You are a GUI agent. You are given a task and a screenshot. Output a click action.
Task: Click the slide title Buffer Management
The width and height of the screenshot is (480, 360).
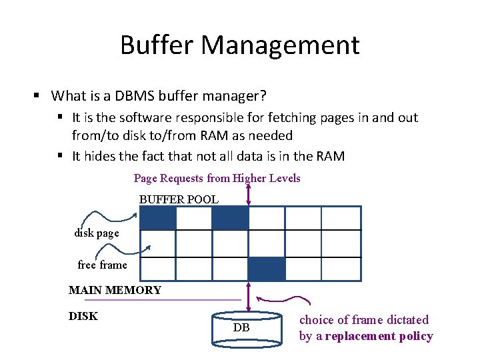point(240,45)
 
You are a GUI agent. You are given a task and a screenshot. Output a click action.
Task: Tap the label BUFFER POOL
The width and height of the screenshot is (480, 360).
point(179,199)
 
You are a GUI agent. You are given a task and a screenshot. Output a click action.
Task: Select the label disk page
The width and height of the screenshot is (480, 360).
point(97,233)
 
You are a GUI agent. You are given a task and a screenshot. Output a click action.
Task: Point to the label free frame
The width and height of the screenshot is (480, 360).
point(102,265)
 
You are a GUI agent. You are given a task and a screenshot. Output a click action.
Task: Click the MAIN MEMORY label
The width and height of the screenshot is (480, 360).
point(115,290)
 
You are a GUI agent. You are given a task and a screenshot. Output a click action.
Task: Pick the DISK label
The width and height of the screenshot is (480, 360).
point(83,316)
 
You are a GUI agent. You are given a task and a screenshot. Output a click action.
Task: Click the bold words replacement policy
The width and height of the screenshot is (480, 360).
point(379,336)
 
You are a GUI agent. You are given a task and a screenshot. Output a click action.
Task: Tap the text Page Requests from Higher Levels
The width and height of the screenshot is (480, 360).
point(217,178)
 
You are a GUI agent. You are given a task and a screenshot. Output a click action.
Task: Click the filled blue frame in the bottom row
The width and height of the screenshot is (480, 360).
point(266,269)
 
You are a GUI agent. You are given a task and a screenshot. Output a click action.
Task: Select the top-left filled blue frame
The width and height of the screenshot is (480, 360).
point(158,218)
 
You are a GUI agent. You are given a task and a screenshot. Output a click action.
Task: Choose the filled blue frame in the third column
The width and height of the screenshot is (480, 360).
point(230,218)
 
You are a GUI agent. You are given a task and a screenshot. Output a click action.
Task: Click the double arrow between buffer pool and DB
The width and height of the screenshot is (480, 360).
point(247,295)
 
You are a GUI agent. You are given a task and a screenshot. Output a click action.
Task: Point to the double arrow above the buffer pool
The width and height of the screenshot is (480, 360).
point(247,194)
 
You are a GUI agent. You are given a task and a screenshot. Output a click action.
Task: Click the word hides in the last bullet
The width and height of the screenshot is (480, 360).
point(97,156)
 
